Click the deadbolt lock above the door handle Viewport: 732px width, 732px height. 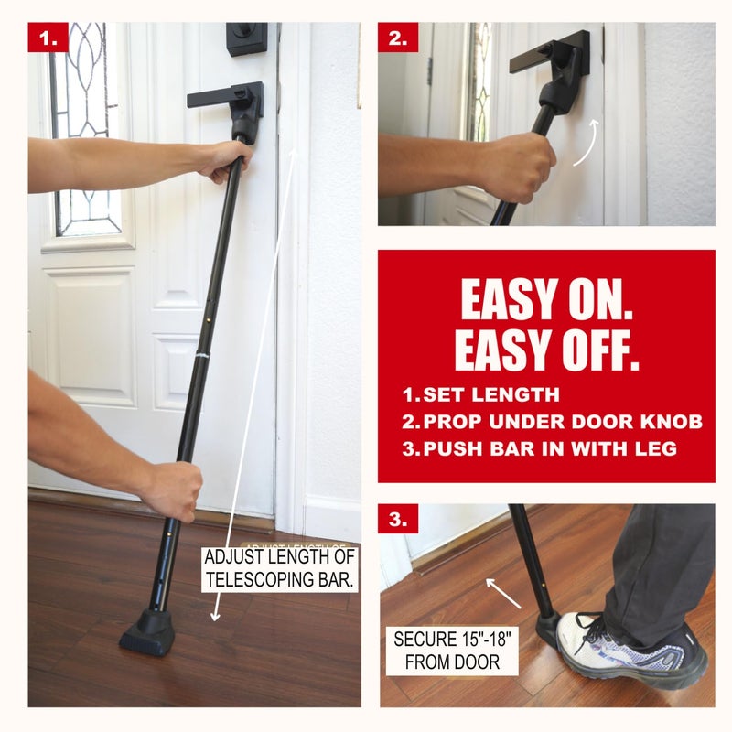(246, 39)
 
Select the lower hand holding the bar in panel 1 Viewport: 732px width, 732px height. (172, 489)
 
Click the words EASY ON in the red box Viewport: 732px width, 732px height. (546, 298)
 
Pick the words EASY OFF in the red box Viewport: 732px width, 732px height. (546, 348)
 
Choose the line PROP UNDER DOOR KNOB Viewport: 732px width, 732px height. (552, 422)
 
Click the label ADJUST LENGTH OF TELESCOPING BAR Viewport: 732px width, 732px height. (280, 567)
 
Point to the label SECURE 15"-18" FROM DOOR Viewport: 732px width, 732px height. (449, 649)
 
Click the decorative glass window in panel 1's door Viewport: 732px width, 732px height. (85, 128)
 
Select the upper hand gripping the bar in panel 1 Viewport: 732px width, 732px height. (224, 160)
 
